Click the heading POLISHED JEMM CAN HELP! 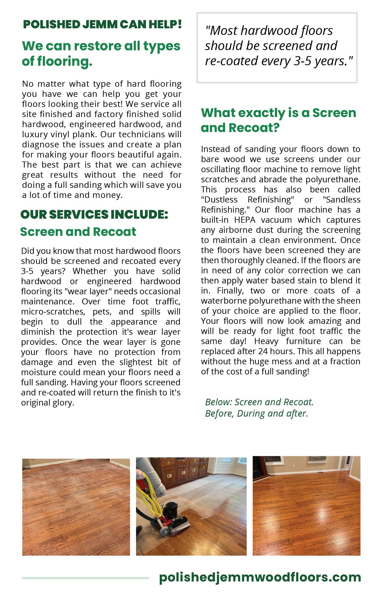tap(102, 25)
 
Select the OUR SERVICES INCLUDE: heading tap(94, 214)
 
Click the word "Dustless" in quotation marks tap(219, 199)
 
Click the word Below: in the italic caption tap(218, 402)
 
